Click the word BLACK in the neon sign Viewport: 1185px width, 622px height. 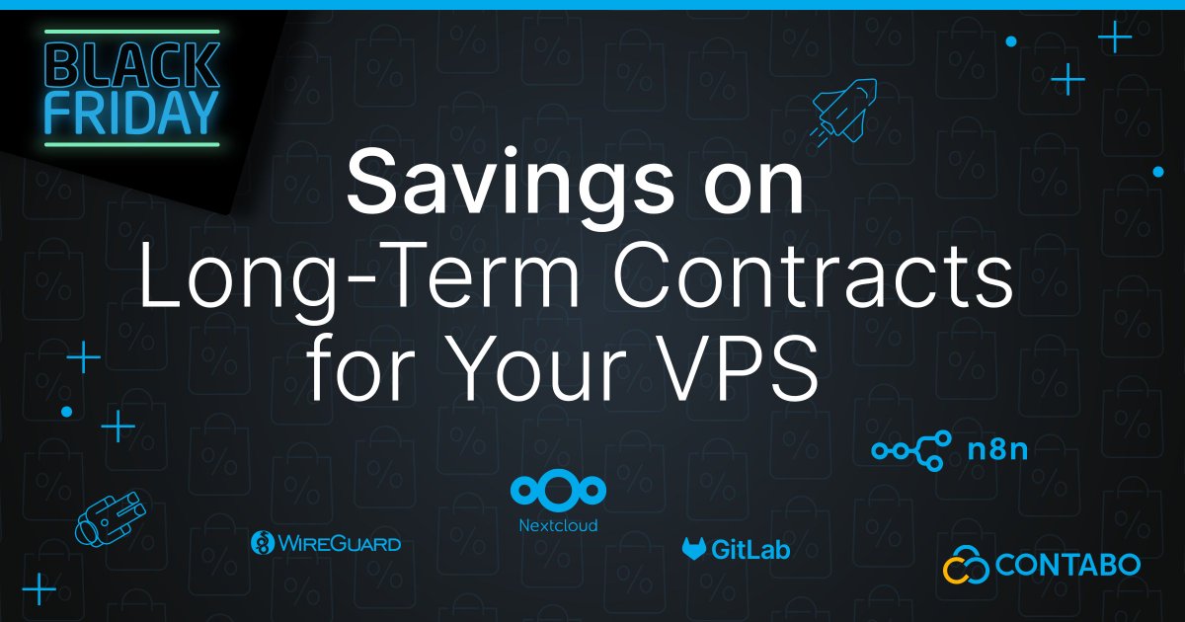(x=131, y=65)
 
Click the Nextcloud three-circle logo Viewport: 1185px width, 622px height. (x=558, y=491)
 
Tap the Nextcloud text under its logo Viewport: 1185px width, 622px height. (x=558, y=525)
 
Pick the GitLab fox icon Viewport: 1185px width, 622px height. (x=694, y=550)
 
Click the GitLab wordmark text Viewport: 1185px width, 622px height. (x=751, y=550)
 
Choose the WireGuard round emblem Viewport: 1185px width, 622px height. (x=263, y=543)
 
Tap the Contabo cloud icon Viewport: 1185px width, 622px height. (x=964, y=565)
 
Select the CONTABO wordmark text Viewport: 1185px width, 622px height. (x=1067, y=566)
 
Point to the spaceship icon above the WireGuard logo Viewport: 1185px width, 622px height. (x=111, y=515)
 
